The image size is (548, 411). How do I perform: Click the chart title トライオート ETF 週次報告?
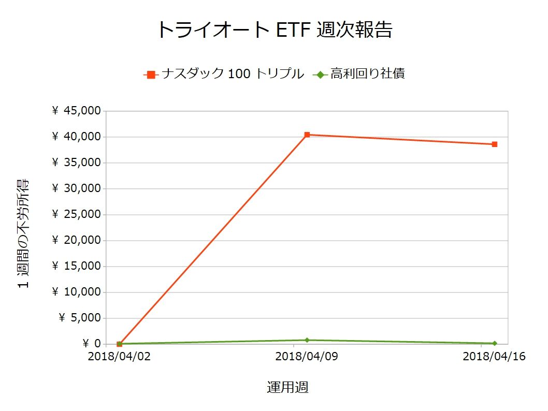(x=274, y=30)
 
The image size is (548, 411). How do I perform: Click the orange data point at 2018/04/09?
(x=307, y=135)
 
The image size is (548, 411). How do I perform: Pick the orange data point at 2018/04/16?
(x=495, y=144)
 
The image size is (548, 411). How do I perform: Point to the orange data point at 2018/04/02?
(x=120, y=344)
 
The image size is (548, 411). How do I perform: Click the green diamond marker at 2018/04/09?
(x=307, y=340)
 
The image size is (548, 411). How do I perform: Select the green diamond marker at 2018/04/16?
(x=495, y=343)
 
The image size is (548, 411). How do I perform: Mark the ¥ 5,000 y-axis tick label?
(x=79, y=318)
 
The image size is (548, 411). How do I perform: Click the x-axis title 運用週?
(x=288, y=387)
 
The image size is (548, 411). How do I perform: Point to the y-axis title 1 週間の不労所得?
(x=24, y=234)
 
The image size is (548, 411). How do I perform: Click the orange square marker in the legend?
(x=151, y=75)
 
